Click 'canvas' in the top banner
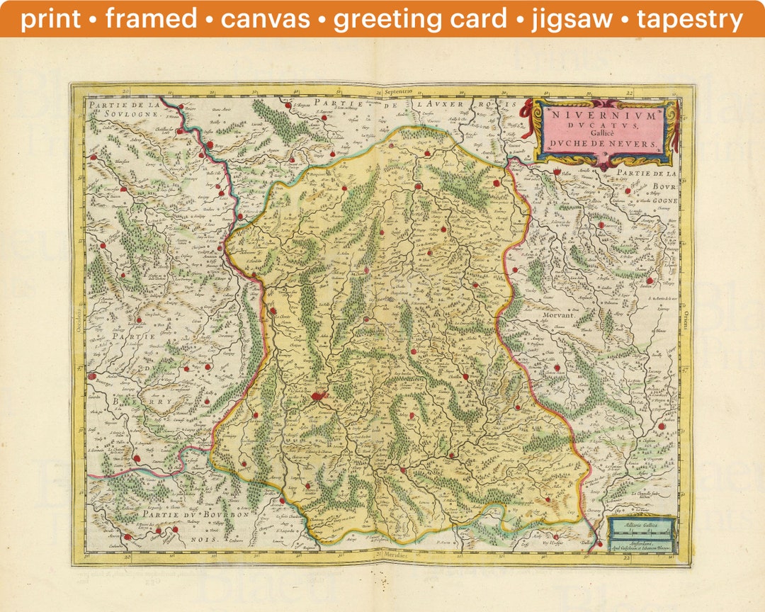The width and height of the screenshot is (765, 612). click(266, 19)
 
